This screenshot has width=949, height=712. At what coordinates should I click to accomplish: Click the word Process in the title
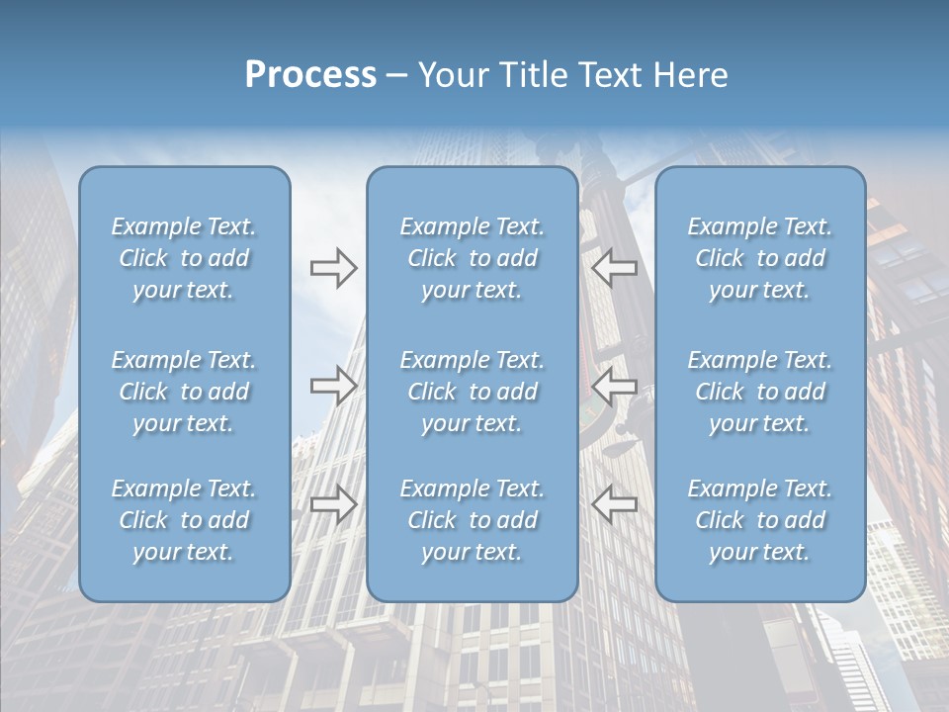coord(310,75)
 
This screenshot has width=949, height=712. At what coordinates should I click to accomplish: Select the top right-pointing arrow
coord(333,267)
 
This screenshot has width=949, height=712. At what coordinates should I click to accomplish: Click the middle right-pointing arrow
coord(333,385)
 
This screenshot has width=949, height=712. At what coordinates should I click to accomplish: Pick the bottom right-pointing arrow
coord(333,503)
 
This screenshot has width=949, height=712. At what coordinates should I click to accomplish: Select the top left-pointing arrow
coord(614,267)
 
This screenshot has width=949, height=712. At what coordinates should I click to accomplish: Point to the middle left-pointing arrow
coord(614,385)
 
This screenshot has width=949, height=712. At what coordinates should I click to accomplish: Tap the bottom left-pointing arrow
coord(614,503)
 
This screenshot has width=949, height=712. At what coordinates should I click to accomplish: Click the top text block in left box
coord(184,258)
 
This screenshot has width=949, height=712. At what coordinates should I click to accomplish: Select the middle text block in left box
coord(184,392)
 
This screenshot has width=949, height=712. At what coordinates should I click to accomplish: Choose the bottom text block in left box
coord(184,520)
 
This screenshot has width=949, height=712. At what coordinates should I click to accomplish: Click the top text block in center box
coord(472,258)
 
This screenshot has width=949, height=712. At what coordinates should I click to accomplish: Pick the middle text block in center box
coord(472,392)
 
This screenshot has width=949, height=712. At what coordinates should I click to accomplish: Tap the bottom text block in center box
coord(472,520)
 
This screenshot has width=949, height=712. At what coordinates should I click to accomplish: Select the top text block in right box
coord(759,258)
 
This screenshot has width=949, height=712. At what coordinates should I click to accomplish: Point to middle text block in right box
coord(759,392)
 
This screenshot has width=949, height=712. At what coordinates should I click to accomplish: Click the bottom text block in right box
coord(759,520)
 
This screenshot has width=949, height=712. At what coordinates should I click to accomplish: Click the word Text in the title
coord(604,75)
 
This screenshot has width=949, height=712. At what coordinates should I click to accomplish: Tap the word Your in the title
coord(449,75)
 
